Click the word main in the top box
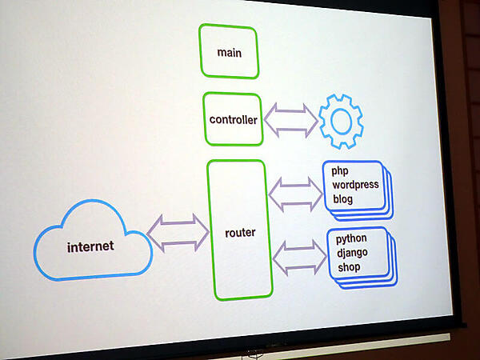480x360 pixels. tap(229, 53)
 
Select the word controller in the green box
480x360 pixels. tap(233, 120)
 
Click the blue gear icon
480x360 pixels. tap(341, 122)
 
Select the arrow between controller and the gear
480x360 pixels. tap(290, 121)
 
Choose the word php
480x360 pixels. tap(342, 172)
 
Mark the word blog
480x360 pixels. tap(344, 199)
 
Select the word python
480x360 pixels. tap(351, 238)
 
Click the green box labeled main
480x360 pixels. tap(229, 40)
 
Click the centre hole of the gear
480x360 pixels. tap(341, 122)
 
